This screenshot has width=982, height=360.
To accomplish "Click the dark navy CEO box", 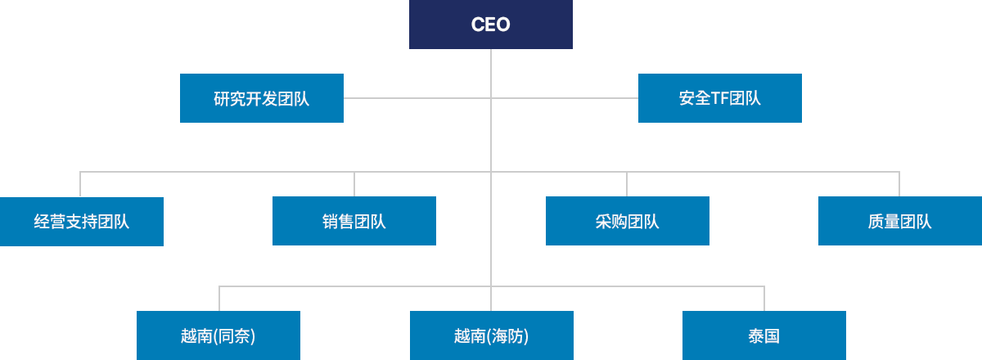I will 491,25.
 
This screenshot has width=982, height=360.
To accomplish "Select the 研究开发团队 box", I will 262,98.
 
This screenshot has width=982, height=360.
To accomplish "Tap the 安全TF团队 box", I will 720,98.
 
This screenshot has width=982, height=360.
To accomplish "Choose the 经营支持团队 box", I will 82,222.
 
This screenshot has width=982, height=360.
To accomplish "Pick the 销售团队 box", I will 354,222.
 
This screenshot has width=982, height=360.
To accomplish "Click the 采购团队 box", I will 628,222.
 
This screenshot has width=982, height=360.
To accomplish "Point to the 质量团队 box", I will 900,222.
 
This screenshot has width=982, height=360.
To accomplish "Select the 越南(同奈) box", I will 218,335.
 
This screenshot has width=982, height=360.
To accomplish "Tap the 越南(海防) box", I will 491,335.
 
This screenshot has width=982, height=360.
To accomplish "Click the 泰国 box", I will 764,335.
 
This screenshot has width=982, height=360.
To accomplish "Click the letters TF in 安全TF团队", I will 720,99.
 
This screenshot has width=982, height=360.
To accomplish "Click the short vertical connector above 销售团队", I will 354,184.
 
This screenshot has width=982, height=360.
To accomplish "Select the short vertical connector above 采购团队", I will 627,184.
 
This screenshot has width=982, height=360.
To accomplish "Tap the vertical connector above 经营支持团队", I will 80,184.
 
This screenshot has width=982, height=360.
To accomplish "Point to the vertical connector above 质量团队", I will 899,184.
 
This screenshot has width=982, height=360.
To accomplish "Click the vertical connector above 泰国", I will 764,299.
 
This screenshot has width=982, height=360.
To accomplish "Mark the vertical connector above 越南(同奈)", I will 218,299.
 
